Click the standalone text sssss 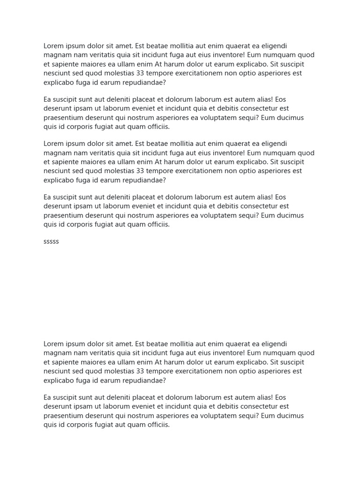[51, 242]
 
